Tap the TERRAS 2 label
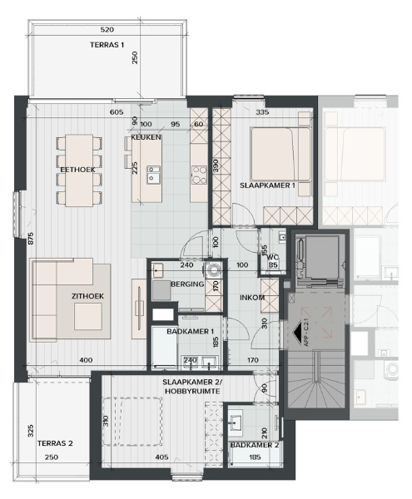56,443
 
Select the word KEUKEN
146,136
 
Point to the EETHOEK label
77,170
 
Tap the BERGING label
186,284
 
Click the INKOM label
251,298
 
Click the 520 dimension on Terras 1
107,27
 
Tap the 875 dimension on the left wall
30,238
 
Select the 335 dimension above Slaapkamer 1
263,111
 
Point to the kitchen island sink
154,174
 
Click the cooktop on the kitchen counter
200,174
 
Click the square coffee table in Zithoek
87,316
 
